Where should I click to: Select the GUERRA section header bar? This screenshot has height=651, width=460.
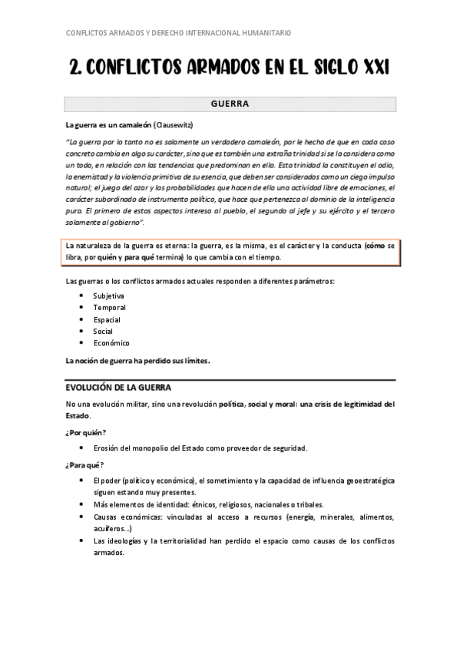(x=230, y=104)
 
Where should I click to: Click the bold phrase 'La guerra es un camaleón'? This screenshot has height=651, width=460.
(x=108, y=124)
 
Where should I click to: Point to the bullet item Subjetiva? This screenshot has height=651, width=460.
(x=108, y=296)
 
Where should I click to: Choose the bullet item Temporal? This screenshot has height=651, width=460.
(x=109, y=307)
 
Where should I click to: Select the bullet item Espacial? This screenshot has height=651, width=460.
(x=107, y=319)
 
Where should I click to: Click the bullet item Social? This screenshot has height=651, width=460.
(x=103, y=331)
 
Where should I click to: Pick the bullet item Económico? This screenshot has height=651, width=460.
(x=111, y=343)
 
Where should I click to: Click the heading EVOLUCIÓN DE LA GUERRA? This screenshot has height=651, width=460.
(x=118, y=387)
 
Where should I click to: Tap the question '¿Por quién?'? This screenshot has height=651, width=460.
(x=86, y=432)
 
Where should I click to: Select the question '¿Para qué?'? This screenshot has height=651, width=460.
(x=85, y=464)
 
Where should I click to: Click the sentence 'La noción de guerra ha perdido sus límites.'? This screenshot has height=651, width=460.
(x=137, y=360)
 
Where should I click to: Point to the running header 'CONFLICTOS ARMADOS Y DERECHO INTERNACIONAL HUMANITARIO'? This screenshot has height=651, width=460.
(x=179, y=33)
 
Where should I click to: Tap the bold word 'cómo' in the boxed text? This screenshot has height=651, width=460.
(x=376, y=246)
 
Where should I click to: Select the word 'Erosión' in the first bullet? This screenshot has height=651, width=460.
(x=107, y=448)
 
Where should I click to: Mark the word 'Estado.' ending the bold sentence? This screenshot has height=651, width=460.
(x=78, y=415)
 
